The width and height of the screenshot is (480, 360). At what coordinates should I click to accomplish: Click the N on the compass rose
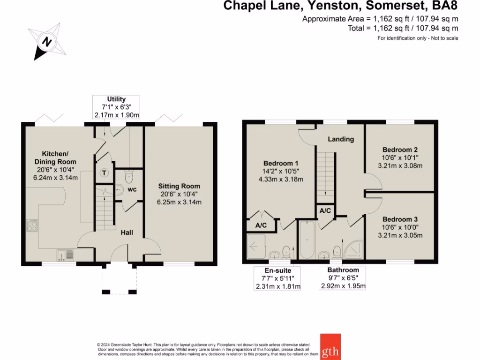[x=47, y=41]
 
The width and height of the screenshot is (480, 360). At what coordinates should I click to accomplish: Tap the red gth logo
[x=330, y=346]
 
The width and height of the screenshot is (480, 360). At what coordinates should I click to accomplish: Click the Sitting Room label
[x=179, y=186]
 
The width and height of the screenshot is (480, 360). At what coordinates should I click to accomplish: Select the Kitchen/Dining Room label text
[x=55, y=157]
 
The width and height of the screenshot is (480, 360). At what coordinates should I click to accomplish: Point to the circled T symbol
[x=104, y=173]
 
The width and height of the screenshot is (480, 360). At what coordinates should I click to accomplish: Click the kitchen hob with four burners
[x=32, y=225]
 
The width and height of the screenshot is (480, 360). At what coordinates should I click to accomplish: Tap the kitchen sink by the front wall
[x=65, y=255]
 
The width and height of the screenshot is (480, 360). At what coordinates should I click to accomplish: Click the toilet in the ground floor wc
[x=129, y=176]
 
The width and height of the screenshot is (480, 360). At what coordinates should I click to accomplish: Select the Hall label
[x=127, y=232]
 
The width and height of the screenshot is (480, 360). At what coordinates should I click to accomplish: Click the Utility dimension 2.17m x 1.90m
[x=117, y=115]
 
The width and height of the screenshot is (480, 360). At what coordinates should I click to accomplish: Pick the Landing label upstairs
[x=341, y=139]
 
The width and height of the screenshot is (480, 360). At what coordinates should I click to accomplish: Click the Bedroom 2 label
[x=400, y=150]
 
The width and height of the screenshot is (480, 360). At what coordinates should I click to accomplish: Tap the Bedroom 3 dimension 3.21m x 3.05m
[x=400, y=235]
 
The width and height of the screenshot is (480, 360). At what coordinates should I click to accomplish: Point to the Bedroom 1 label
[x=281, y=163]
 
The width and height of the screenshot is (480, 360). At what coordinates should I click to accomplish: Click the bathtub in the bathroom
[x=307, y=240]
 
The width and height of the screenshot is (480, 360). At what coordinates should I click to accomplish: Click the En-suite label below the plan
[x=277, y=270]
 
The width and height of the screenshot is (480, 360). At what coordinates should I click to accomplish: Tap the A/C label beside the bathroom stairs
[x=325, y=210]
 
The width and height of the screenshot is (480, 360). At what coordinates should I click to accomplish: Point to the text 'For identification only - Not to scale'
[x=418, y=38]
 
